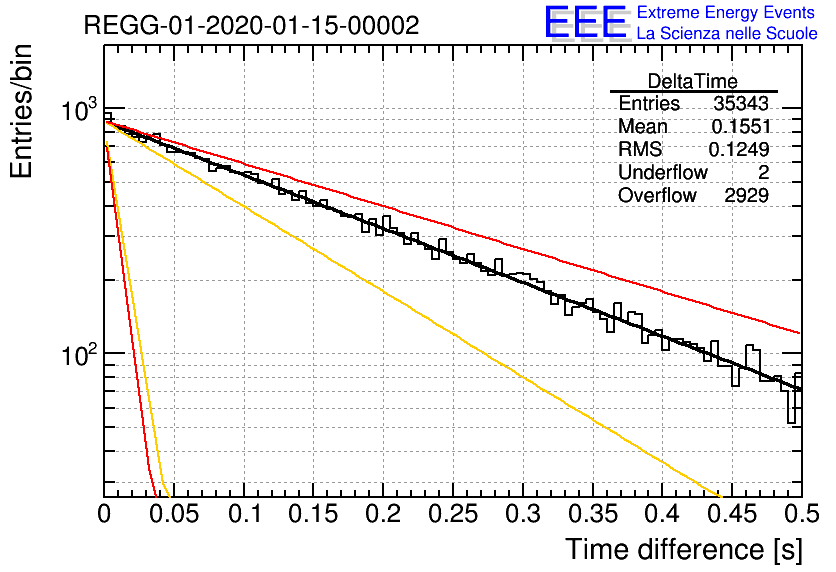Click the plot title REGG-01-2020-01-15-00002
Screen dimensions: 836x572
(x=252, y=25)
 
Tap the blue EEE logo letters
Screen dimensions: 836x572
(x=585, y=22)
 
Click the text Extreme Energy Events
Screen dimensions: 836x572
(x=726, y=12)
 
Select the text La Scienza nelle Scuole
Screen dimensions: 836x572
(x=727, y=34)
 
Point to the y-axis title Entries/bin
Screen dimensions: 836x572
(x=21, y=111)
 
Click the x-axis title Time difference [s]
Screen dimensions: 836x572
(x=684, y=549)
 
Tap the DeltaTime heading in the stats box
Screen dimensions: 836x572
(x=693, y=81)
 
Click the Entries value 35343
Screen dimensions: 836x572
(x=741, y=103)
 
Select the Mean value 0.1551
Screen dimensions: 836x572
(x=741, y=126)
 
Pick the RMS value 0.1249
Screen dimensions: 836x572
(x=739, y=149)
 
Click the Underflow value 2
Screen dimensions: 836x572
(x=763, y=172)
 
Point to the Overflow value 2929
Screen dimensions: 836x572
(x=746, y=195)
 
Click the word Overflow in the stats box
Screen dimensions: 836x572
(x=657, y=195)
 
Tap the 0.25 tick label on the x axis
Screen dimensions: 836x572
(x=453, y=514)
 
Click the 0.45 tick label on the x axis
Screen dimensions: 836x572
(x=733, y=514)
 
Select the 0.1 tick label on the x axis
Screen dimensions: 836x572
(x=245, y=514)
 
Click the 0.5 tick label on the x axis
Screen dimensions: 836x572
(x=802, y=514)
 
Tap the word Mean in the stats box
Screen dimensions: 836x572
(x=642, y=126)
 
